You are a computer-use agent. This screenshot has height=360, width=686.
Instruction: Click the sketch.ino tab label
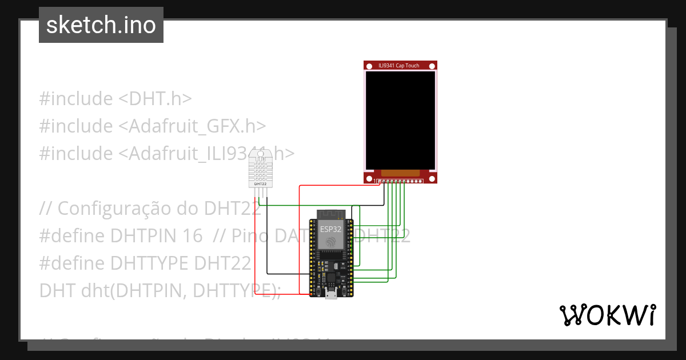pyautogui.click(x=101, y=25)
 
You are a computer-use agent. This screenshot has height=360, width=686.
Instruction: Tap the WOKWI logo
pyautogui.click(x=607, y=315)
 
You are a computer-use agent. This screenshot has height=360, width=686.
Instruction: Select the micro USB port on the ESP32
pyautogui.click(x=331, y=294)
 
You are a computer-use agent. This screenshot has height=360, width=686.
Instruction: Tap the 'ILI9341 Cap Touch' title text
pyautogui.click(x=399, y=66)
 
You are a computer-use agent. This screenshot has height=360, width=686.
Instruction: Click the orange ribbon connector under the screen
pyautogui.click(x=400, y=173)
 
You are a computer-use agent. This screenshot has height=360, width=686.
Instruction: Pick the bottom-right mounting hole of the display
pyautogui.click(x=433, y=179)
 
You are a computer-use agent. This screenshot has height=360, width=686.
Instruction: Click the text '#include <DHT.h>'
pyautogui.click(x=115, y=99)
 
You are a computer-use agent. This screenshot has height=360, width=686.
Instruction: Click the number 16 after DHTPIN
pyautogui.click(x=193, y=235)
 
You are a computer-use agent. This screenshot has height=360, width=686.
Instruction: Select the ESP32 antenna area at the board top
pyautogui.click(x=331, y=215)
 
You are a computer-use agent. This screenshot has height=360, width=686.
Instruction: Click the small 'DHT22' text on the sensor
pyautogui.click(x=260, y=184)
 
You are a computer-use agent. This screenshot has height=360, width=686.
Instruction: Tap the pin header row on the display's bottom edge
pyautogui.click(x=400, y=182)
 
